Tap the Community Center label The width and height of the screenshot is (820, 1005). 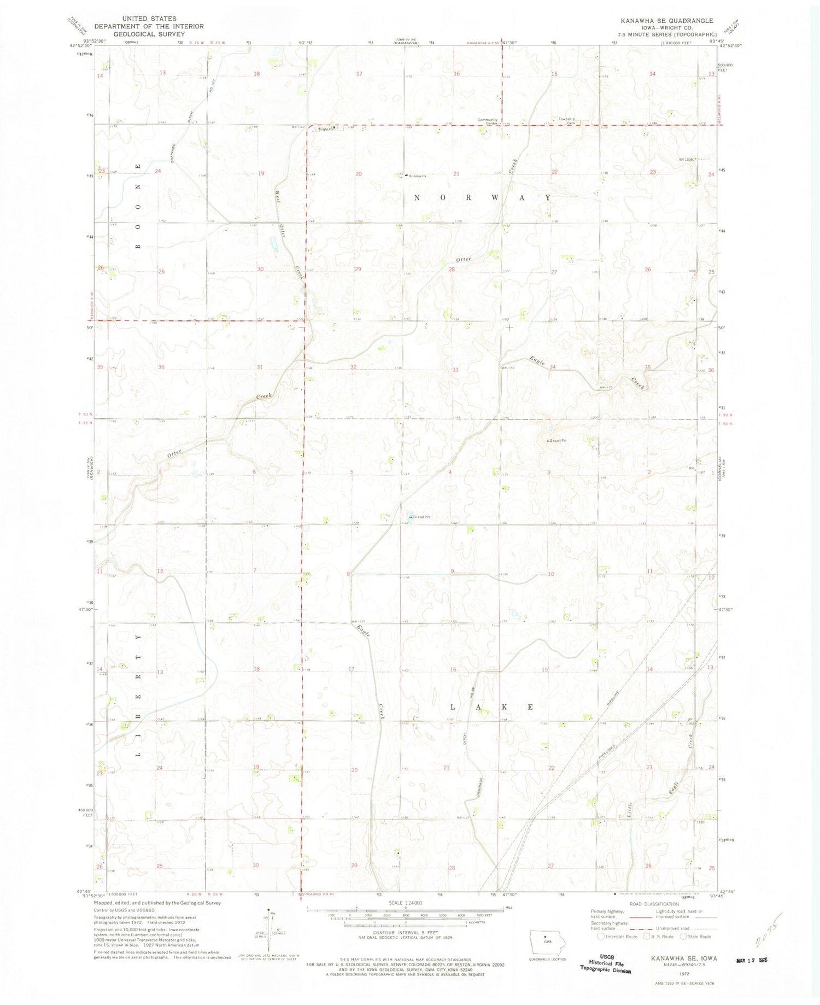[487, 121]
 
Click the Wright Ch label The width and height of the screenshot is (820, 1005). [325, 130]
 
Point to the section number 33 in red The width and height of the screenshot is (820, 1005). [455, 370]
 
